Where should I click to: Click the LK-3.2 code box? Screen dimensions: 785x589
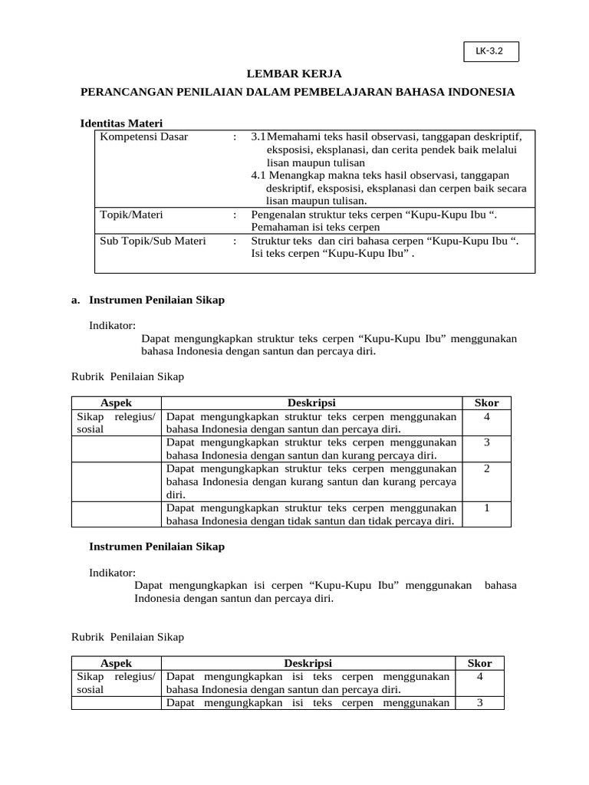(491, 51)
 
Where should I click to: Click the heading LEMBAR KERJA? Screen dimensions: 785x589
(294, 74)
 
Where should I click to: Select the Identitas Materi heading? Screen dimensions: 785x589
(121, 123)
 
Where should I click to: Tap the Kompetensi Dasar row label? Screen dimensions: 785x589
(143, 136)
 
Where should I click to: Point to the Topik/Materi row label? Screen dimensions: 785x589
(131, 215)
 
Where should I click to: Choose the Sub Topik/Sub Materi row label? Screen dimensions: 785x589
(153, 241)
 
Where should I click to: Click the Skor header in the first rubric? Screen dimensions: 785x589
(487, 403)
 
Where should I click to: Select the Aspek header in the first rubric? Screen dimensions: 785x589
(116, 403)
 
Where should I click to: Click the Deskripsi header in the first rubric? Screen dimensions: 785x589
(311, 403)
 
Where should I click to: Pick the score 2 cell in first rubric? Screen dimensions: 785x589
(487, 468)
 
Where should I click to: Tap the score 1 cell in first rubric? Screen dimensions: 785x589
(487, 507)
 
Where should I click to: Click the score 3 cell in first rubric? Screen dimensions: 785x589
(487, 442)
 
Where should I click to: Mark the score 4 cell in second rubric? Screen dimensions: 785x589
(479, 677)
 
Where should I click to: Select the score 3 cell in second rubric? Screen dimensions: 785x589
(479, 702)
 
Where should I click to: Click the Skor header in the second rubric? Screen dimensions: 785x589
(479, 663)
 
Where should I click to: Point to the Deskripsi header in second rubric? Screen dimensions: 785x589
(308, 663)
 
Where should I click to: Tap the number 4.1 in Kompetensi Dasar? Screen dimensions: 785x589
(259, 176)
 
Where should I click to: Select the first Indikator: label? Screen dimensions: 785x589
(112, 325)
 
